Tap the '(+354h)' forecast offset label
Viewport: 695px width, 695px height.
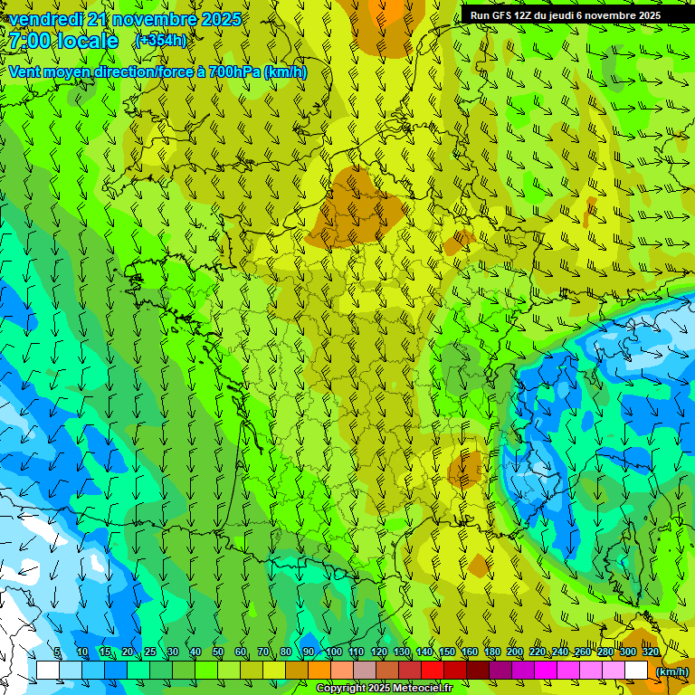(x=161, y=41)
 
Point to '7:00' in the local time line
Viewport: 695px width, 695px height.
(x=29, y=42)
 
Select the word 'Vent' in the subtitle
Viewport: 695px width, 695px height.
(x=25, y=72)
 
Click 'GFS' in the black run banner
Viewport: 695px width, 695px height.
(x=503, y=15)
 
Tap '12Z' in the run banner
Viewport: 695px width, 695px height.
(x=526, y=15)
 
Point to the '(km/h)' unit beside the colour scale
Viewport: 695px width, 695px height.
(x=671, y=671)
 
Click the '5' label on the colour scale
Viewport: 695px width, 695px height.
(x=58, y=652)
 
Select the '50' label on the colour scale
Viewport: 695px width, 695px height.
(x=217, y=652)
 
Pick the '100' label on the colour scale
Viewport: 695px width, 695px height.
(x=333, y=652)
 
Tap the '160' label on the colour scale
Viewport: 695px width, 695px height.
(x=470, y=652)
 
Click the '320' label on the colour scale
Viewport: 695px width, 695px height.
(x=651, y=652)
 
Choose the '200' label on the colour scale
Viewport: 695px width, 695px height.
(x=515, y=652)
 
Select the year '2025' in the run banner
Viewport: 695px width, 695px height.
(x=648, y=15)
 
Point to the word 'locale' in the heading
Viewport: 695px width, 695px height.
(x=87, y=42)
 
